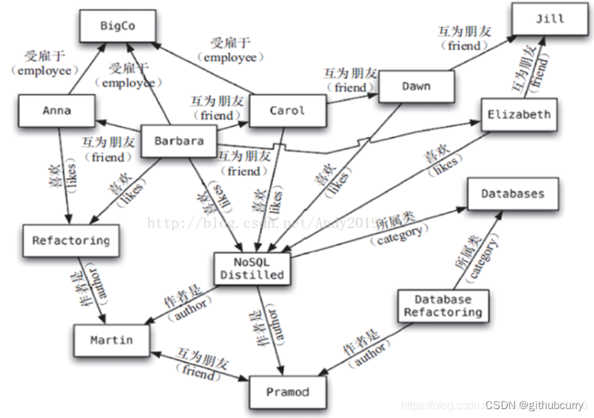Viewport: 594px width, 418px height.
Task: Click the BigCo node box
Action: click(x=118, y=26)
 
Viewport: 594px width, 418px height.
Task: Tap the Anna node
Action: click(x=56, y=111)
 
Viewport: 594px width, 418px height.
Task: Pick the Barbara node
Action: click(x=178, y=141)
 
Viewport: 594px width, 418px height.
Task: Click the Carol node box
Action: click(x=287, y=111)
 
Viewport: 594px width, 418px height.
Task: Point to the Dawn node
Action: click(x=417, y=87)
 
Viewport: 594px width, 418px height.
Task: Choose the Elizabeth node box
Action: click(x=518, y=115)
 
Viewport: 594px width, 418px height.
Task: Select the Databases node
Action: click(x=512, y=194)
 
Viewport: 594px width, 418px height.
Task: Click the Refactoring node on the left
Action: click(x=71, y=241)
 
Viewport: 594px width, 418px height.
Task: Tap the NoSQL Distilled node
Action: click(x=252, y=267)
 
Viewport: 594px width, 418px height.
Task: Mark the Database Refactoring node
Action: click(x=443, y=306)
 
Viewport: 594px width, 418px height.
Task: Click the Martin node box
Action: click(x=111, y=340)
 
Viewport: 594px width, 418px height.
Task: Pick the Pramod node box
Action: click(x=287, y=393)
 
